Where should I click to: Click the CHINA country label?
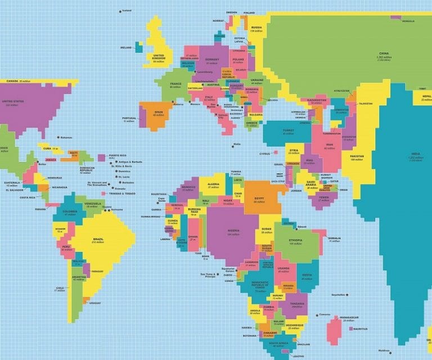(x=384, y=54)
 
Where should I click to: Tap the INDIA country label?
(x=415, y=154)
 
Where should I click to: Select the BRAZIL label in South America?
(x=98, y=239)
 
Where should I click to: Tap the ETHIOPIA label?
(x=295, y=241)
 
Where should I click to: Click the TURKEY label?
(x=288, y=130)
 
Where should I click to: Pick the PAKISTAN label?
(x=357, y=156)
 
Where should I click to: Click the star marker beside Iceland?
(x=120, y=11)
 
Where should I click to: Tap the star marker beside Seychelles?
(x=347, y=295)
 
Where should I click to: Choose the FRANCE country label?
(x=176, y=84)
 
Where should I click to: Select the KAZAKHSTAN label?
(x=317, y=100)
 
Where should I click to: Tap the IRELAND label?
(x=126, y=47)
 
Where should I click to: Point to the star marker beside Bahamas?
(x=57, y=137)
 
